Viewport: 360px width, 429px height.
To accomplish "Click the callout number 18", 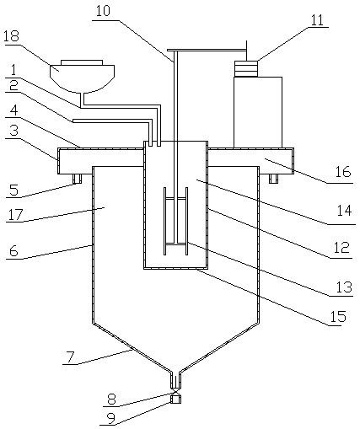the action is pyautogui.click(x=12, y=36).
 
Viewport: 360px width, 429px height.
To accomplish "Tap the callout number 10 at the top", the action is pyautogui.click(x=103, y=11).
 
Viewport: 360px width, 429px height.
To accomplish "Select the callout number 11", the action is pyautogui.click(x=318, y=20).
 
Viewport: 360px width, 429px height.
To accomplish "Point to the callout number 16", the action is pyautogui.click(x=343, y=171).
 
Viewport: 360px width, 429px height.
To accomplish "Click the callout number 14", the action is pyautogui.click(x=344, y=211).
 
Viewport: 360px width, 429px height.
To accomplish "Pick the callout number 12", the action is pyautogui.click(x=341, y=247).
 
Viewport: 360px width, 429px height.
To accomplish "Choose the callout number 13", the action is pyautogui.click(x=344, y=287).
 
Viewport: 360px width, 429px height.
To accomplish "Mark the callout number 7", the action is pyautogui.click(x=71, y=357).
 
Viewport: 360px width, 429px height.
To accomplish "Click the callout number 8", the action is pyautogui.click(x=112, y=399).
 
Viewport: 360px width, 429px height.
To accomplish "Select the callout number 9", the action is pyautogui.click(x=111, y=419).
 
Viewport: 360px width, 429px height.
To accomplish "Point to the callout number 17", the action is pyautogui.click(x=14, y=215).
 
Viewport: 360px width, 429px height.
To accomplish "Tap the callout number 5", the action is pyautogui.click(x=13, y=190).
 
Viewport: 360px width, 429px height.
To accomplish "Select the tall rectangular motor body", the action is pyautogui.click(x=258, y=112).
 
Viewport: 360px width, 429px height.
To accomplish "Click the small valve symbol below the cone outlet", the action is pyautogui.click(x=175, y=391).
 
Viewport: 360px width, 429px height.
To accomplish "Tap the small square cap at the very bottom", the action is pyautogui.click(x=175, y=399).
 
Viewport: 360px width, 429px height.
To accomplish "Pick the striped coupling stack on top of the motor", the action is pyautogui.click(x=246, y=69).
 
